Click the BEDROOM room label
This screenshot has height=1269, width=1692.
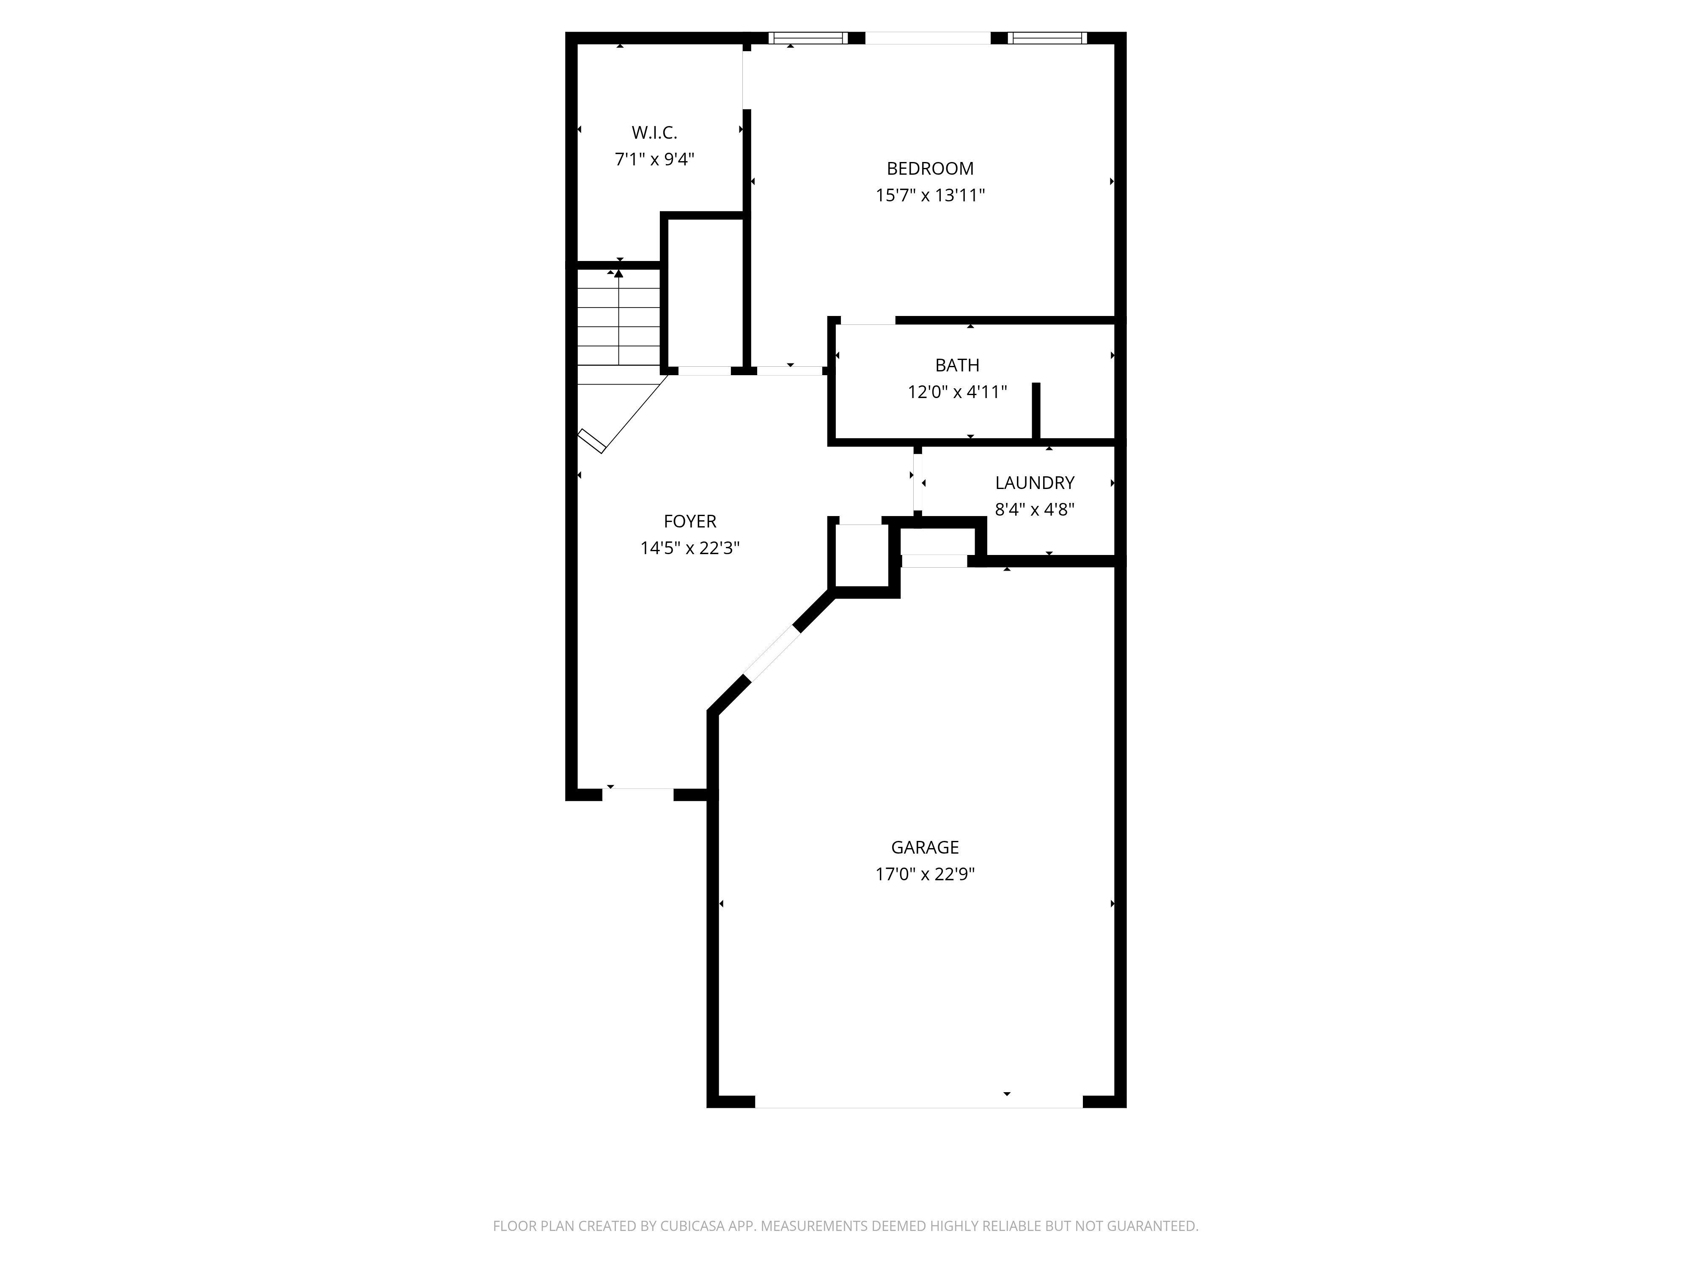pos(930,168)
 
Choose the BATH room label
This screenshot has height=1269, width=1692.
pos(957,365)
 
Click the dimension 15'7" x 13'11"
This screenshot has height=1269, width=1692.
pos(930,195)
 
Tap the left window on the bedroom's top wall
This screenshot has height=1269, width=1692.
pos(808,38)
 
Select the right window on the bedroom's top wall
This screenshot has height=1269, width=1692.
pos(1047,38)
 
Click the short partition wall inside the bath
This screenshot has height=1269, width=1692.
pos(1036,412)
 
